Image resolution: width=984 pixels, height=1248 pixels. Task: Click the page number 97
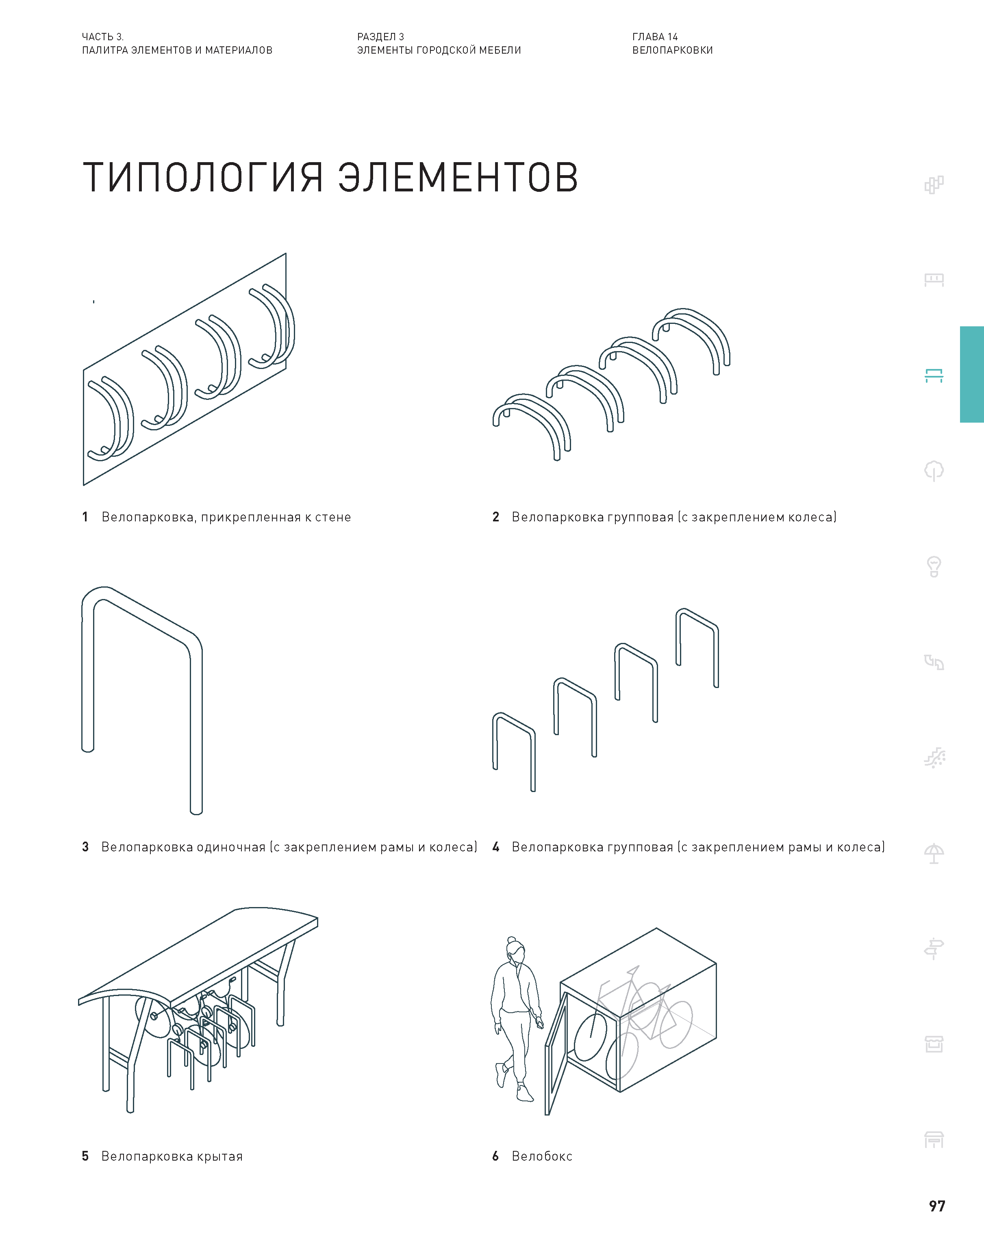click(937, 1205)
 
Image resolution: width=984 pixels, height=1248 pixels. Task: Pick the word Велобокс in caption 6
click(541, 1156)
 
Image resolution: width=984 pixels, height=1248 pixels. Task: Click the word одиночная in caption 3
click(231, 846)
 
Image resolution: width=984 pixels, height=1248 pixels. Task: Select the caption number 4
click(495, 846)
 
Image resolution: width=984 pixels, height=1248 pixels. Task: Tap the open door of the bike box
click(556, 1053)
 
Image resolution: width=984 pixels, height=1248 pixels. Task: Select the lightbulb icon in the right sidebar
click(934, 566)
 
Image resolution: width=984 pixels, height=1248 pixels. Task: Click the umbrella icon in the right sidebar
click(934, 853)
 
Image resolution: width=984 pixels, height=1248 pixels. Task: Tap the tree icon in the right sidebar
click(934, 471)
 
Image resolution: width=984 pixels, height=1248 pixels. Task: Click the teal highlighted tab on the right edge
click(971, 374)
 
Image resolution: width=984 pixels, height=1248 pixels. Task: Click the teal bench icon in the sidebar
click(934, 375)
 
